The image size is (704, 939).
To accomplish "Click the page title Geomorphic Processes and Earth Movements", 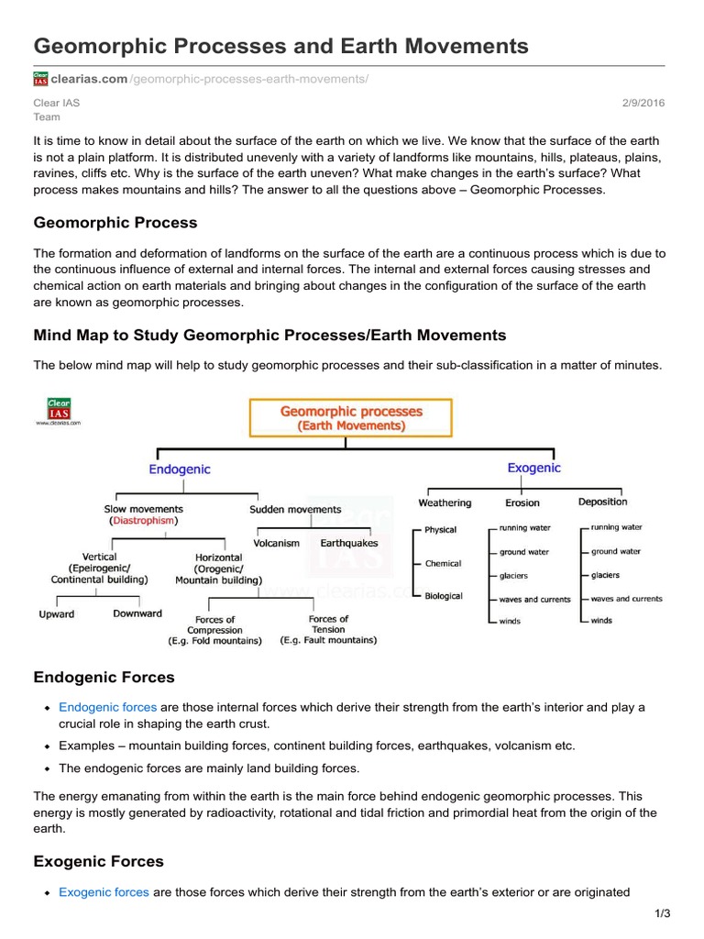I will [x=280, y=46].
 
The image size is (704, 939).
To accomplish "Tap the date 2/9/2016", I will [x=645, y=103].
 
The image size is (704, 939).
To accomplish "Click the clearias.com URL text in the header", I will [x=90, y=80].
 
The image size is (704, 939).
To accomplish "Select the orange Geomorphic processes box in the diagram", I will [x=351, y=418].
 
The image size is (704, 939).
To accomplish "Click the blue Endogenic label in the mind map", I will [x=180, y=469].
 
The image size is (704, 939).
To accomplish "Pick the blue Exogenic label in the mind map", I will [x=533, y=468].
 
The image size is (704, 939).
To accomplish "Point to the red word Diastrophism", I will [x=143, y=521].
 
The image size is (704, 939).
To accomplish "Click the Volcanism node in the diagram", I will [x=276, y=543].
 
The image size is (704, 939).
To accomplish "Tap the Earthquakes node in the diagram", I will [x=348, y=543].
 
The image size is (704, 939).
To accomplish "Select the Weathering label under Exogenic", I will [x=445, y=503].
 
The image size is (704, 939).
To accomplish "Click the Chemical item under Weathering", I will [x=444, y=563].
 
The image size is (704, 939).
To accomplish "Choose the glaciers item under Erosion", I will [x=514, y=576].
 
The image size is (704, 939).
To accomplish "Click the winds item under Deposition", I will [x=602, y=621].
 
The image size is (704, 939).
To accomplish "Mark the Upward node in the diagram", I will [x=56, y=614].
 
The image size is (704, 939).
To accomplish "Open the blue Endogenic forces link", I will [x=107, y=707].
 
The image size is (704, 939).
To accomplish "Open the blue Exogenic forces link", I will [x=105, y=891].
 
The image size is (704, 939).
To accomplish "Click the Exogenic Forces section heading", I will [x=99, y=861].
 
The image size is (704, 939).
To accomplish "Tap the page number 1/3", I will [x=663, y=913].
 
